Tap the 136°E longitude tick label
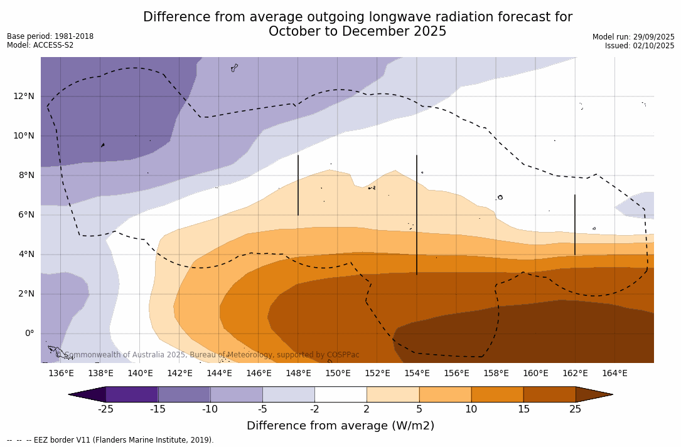pos(61,373)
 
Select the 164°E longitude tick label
pos(614,373)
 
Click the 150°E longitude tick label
pos(338,373)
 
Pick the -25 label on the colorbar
pos(105,409)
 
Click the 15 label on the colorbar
pos(523,409)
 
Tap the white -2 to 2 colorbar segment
pos(340,394)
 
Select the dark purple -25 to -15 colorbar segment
pos(132,394)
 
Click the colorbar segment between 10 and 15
pos(497,394)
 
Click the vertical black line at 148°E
pos(298,185)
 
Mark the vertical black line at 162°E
pos(575,224)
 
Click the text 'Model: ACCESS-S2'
pos(40,45)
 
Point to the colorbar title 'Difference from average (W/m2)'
pos(340,426)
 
